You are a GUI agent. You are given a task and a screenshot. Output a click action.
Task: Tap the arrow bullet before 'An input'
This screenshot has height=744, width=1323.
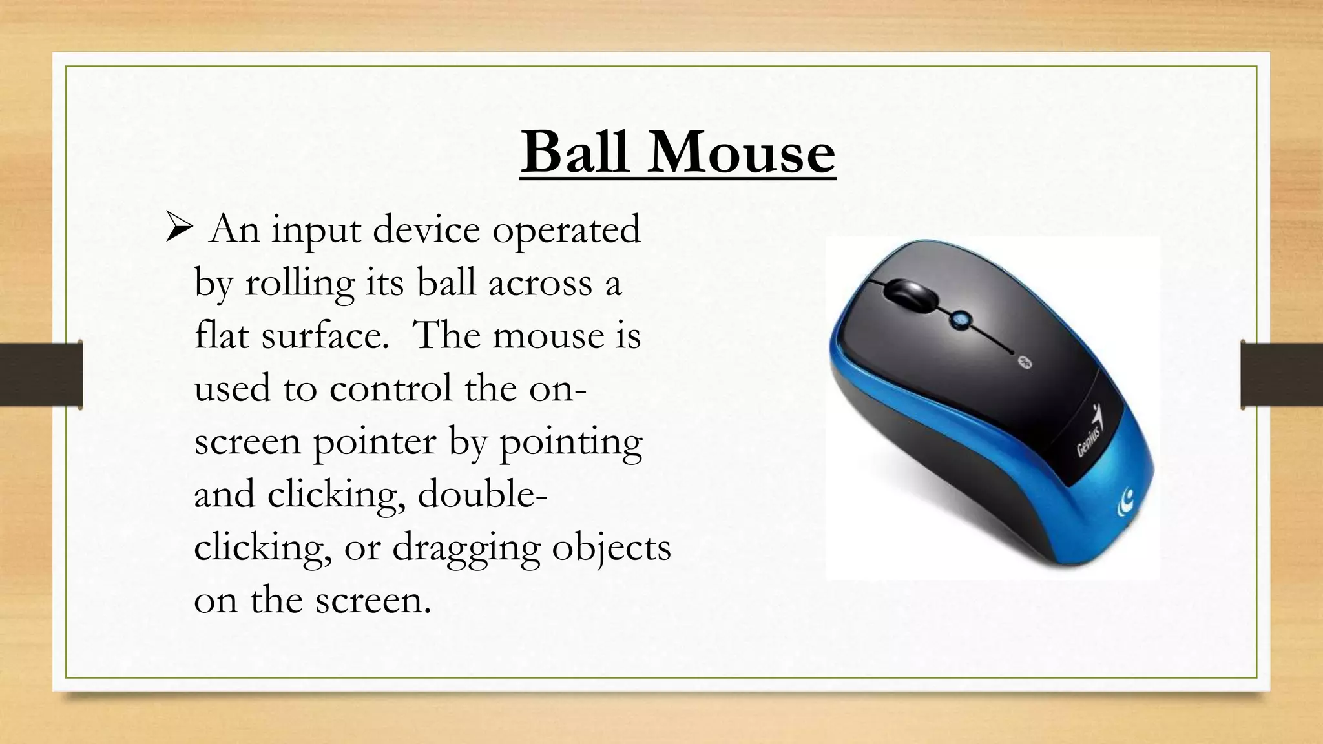(x=179, y=229)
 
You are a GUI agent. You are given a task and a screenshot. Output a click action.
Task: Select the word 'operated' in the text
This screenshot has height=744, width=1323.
(x=566, y=231)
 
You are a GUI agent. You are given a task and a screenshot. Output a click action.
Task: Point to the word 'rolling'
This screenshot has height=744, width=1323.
(x=300, y=284)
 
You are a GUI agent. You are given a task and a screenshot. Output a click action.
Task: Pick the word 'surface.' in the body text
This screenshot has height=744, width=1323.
(x=325, y=336)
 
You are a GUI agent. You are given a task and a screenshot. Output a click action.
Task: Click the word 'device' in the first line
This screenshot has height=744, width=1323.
(x=426, y=231)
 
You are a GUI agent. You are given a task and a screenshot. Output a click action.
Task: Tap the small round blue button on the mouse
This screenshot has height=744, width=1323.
(x=959, y=318)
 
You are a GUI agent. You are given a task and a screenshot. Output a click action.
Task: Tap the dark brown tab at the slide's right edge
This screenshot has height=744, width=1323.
(x=1282, y=375)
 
